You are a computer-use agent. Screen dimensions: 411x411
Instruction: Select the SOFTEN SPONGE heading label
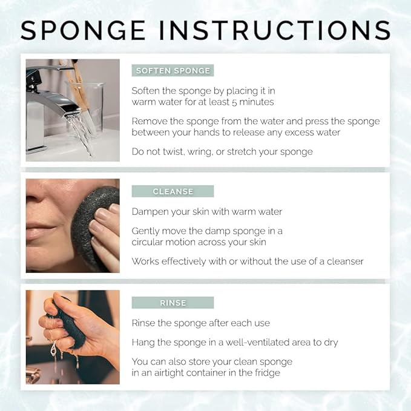point(173,71)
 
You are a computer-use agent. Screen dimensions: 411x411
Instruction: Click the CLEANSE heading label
point(173,191)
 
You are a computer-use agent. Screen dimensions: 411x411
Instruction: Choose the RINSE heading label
point(173,303)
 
